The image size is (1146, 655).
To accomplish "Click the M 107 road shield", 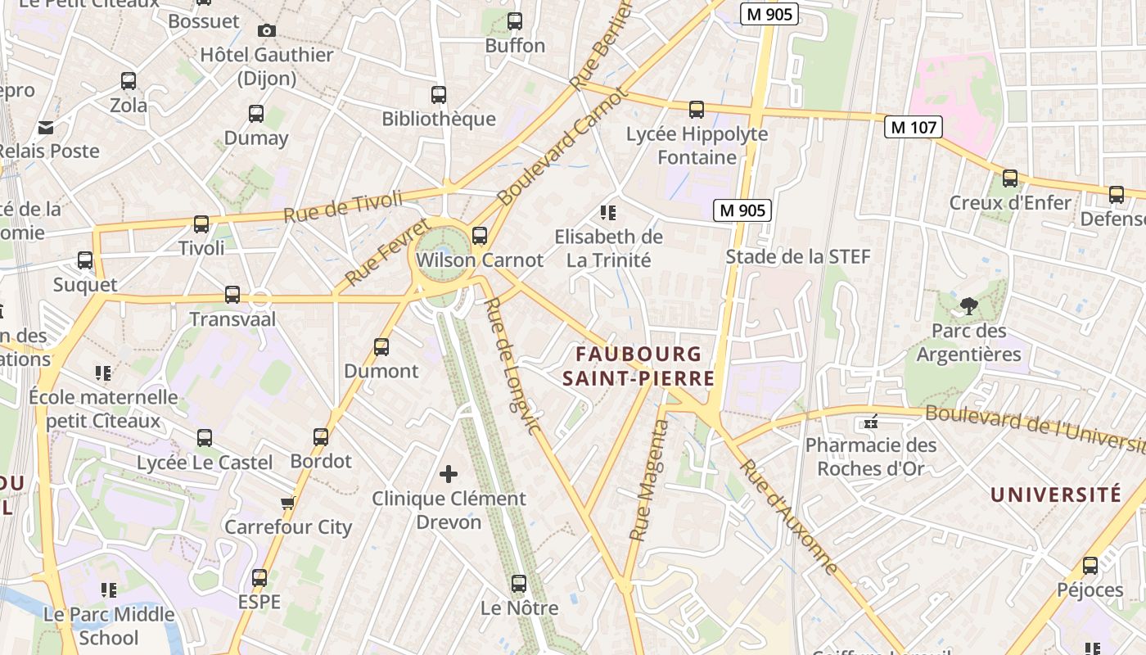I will (x=914, y=127).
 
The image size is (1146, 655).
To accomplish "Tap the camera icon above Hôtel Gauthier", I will (x=266, y=30).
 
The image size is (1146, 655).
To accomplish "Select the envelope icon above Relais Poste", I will (x=45, y=127).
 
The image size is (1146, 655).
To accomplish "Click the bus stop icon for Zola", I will (x=129, y=81).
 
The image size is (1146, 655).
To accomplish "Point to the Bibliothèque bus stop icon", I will (x=439, y=95).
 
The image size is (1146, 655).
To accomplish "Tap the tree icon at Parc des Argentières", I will (x=968, y=307).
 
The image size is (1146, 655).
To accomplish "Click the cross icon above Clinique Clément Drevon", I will (x=449, y=473).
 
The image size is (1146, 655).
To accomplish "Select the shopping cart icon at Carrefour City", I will (x=287, y=503).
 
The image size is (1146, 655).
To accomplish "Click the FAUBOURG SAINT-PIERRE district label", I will (x=638, y=366).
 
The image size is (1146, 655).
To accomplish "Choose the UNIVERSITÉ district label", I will (x=1055, y=495).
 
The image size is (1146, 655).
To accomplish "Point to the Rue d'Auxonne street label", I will (x=789, y=517).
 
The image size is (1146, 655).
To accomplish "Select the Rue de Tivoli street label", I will (x=343, y=206).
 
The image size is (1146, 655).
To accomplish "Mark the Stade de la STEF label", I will (x=798, y=256).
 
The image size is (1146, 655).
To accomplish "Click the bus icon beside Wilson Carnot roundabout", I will (x=480, y=236).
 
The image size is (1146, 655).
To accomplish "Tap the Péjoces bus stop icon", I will (x=1090, y=566).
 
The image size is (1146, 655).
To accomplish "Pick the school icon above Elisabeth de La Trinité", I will (x=607, y=213).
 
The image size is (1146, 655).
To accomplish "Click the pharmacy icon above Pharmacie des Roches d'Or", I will (x=870, y=422).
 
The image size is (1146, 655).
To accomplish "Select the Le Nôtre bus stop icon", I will (x=518, y=584).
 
